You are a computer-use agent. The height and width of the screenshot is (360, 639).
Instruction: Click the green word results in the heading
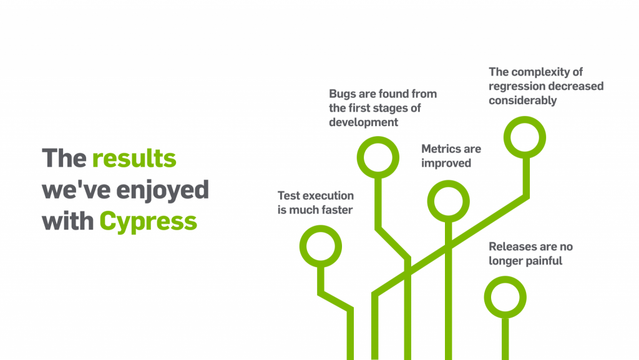pyautogui.click(x=134, y=158)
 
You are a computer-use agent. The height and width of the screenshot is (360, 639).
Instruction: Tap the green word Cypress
pyautogui.click(x=148, y=222)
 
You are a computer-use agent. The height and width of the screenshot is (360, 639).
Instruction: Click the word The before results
pyautogui.click(x=64, y=158)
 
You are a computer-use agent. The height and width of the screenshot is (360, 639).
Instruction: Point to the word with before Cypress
pyautogui.click(x=67, y=221)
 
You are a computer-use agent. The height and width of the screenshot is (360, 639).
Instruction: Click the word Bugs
pyautogui.click(x=342, y=94)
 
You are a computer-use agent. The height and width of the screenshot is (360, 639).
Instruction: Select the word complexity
pyautogui.click(x=541, y=73)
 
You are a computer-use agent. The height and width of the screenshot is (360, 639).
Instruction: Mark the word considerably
pyautogui.click(x=523, y=101)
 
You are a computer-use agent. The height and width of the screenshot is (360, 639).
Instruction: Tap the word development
pyautogui.click(x=364, y=123)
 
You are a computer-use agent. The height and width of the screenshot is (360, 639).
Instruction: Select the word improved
pyautogui.click(x=446, y=163)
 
